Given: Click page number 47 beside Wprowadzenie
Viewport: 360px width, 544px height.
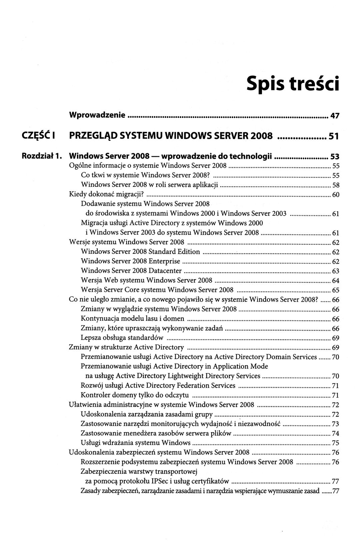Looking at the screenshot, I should pyautogui.click(x=334, y=116).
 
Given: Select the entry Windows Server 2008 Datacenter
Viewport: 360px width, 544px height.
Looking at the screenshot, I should pyautogui.click(x=131, y=271).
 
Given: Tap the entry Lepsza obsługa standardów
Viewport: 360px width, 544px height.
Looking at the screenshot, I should pyautogui.click(x=122, y=338).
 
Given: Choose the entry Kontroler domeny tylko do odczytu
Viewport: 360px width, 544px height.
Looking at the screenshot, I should pyautogui.click(x=135, y=395).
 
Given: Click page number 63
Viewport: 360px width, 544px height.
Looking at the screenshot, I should pyautogui.click(x=336, y=271).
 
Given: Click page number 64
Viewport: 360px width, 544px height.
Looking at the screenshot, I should pyautogui.click(x=336, y=280).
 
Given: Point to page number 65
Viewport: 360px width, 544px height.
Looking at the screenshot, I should pyautogui.click(x=336, y=290).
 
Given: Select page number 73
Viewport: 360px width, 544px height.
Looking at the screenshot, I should pyautogui.click(x=336, y=424).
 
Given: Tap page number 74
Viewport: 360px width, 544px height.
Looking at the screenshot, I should pyautogui.click(x=336, y=433).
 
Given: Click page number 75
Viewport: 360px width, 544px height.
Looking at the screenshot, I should pyautogui.click(x=336, y=443).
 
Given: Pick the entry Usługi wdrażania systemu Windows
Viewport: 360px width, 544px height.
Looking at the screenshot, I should pyautogui.click(x=136, y=443).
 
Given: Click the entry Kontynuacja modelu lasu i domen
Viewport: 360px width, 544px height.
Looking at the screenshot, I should pyautogui.click(x=133, y=319).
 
